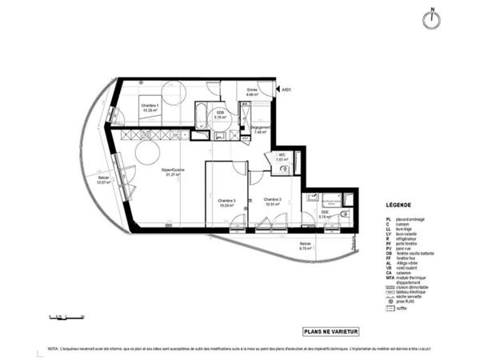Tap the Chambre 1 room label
coord(150,107)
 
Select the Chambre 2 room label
coord(273,200)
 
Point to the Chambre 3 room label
coord(226,202)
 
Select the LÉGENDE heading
coord(397,205)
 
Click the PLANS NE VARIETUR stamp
coord(330,330)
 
